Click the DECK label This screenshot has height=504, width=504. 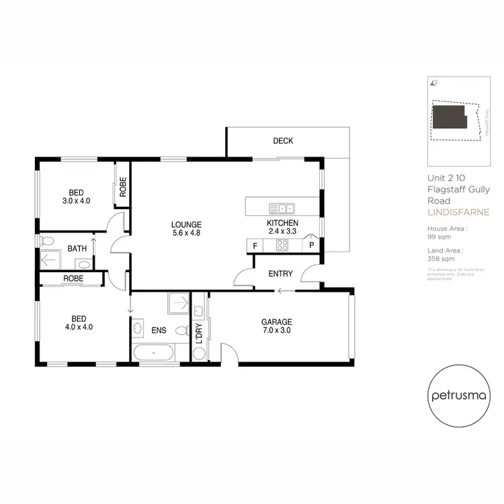pos(283,141)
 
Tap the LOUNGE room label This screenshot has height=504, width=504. pos(186,224)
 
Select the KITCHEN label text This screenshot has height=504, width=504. pos(282,224)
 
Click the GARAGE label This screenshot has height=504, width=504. pos(277,321)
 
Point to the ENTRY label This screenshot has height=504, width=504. pos(280,274)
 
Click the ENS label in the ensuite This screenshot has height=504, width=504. pos(159,330)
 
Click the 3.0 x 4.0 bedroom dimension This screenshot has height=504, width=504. pos(76,200)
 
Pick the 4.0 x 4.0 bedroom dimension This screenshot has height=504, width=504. pos(78,327)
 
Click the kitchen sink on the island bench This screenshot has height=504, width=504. pos(282,208)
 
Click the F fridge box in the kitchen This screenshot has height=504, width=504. pos(255,246)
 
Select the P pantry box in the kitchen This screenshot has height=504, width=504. pos(312,246)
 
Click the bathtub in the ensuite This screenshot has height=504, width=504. pos(155,352)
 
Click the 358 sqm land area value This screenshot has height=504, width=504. pos(439,258)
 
